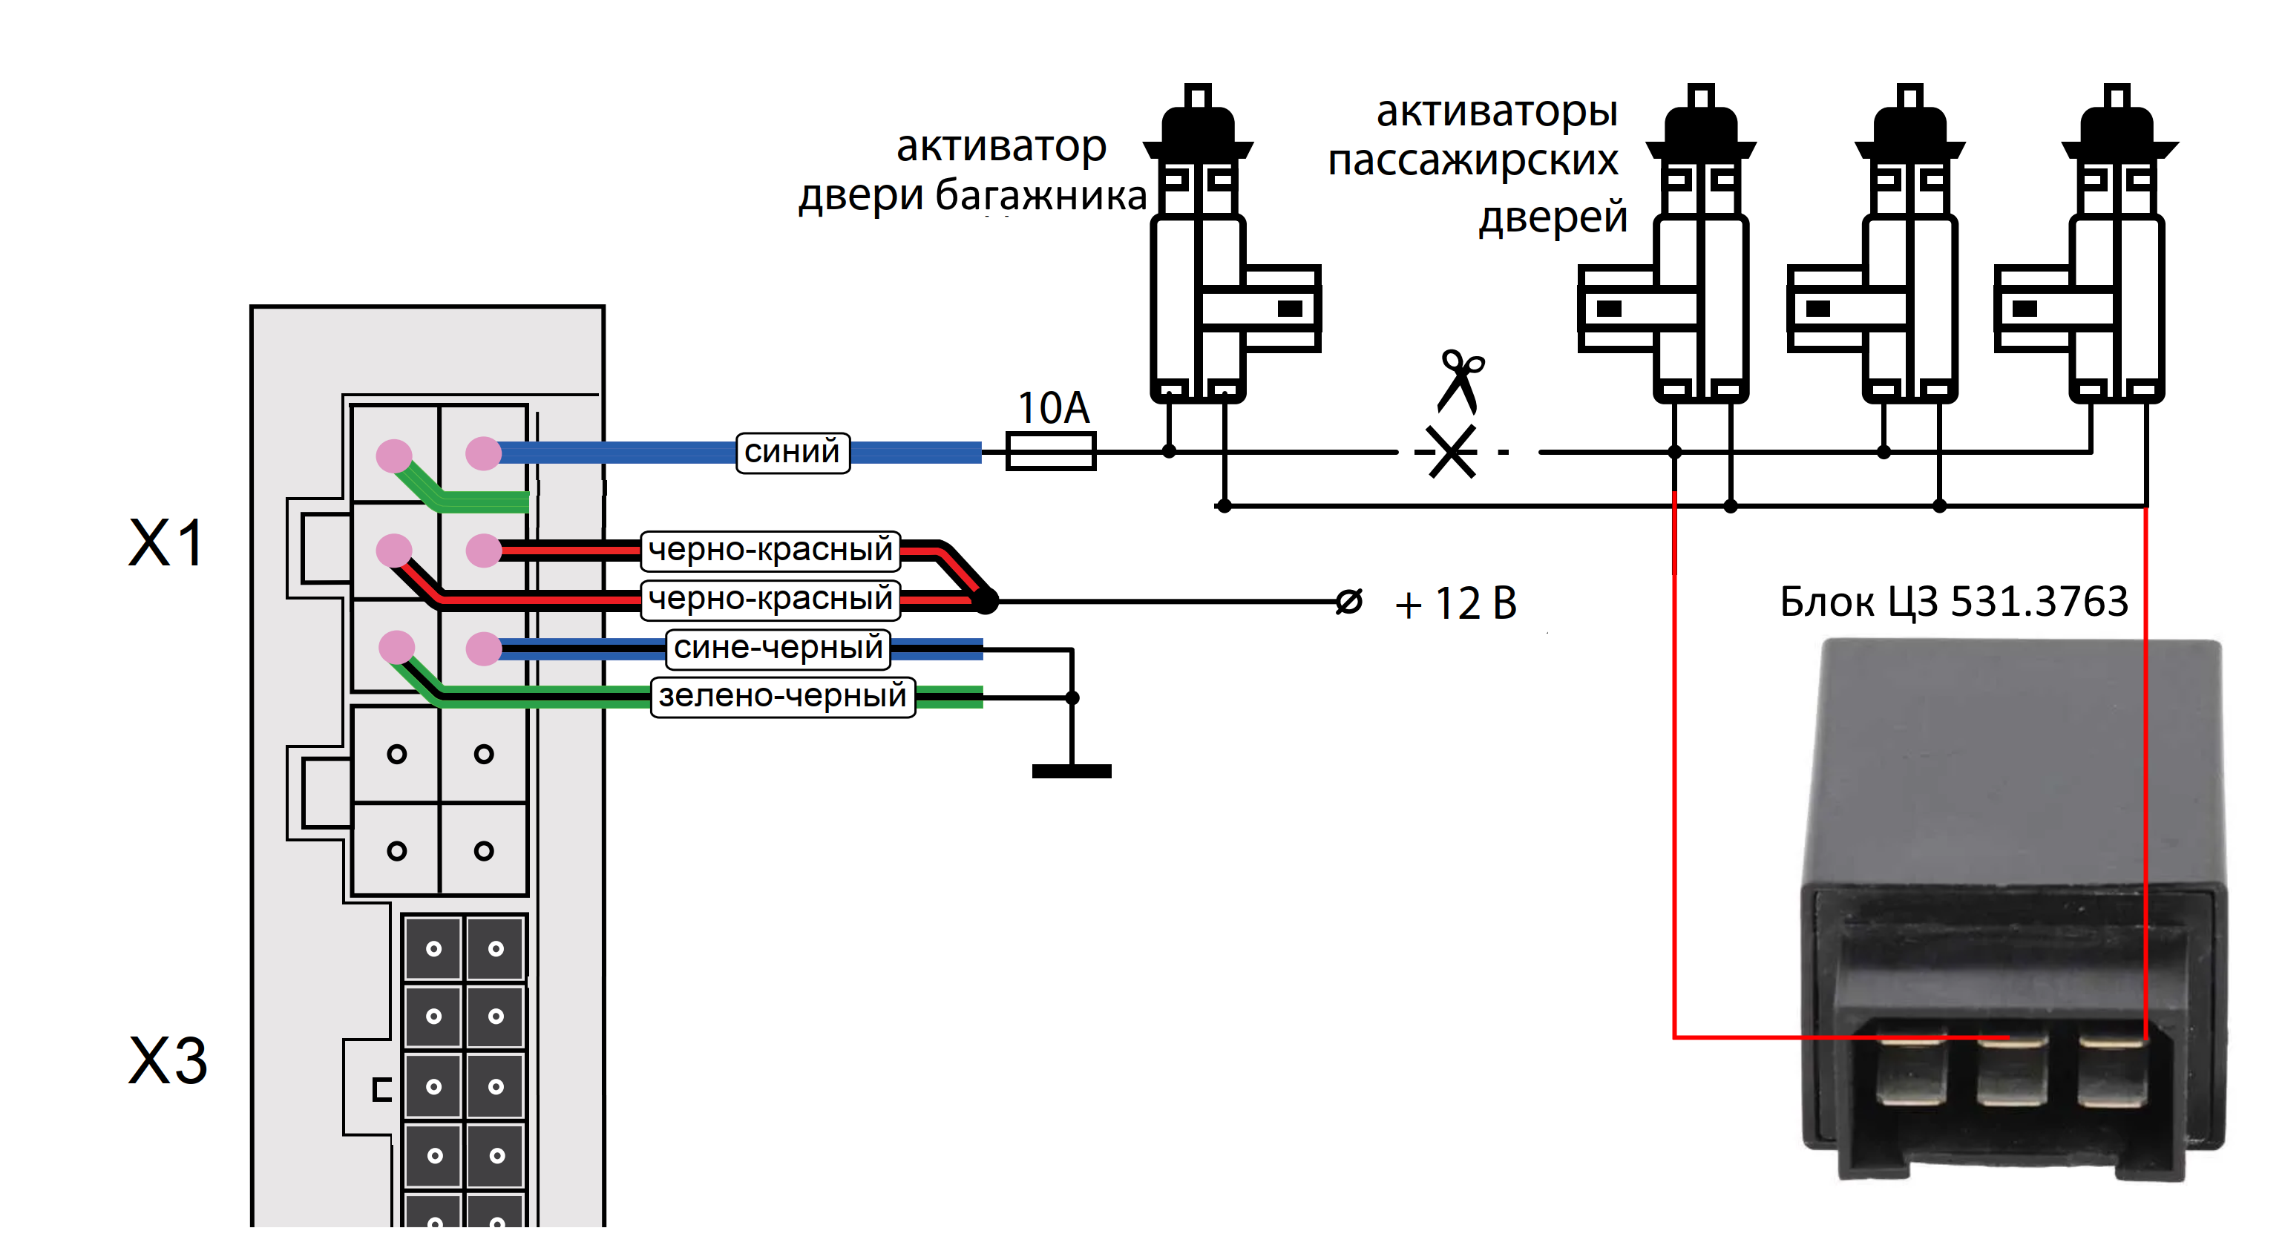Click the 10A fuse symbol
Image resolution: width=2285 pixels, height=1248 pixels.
tap(1050, 450)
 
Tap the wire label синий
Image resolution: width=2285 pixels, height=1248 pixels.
tap(792, 453)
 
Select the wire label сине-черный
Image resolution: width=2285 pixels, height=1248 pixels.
tap(778, 648)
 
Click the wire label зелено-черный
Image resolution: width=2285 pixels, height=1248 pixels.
tap(782, 695)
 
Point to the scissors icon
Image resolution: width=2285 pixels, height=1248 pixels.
tap(1460, 381)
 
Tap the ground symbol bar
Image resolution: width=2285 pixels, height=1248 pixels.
tap(1072, 772)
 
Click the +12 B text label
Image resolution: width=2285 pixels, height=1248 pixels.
tap(1455, 604)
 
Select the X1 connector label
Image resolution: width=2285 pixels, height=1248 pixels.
tap(167, 543)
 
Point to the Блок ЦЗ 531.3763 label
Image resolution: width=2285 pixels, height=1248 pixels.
tap(1953, 602)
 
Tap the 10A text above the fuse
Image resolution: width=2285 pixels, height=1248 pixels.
tap(1053, 408)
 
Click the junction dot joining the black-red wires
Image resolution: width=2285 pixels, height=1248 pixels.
tap(986, 602)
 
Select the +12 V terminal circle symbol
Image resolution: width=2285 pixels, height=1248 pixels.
tap(1348, 602)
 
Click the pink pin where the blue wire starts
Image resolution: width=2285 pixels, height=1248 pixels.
tap(483, 453)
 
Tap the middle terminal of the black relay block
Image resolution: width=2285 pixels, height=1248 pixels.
tap(2012, 1071)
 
